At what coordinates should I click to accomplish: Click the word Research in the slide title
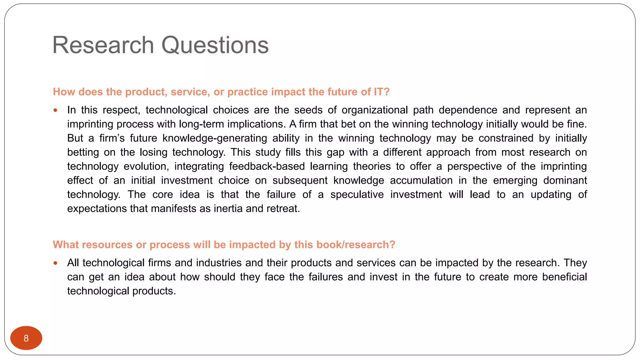pos(103,45)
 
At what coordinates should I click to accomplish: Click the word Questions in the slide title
pos(215,45)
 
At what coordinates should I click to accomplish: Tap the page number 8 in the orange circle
pos(26,338)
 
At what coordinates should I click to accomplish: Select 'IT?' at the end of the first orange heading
pos(382,92)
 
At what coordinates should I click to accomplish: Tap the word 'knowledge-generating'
pos(215,138)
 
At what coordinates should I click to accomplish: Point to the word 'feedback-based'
pos(267,166)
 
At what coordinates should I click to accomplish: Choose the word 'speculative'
pos(357,194)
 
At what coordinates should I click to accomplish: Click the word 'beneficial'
pos(564,277)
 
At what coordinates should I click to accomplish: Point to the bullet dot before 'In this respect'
pos(55,110)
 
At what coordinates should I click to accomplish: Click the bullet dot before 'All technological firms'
pos(55,263)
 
